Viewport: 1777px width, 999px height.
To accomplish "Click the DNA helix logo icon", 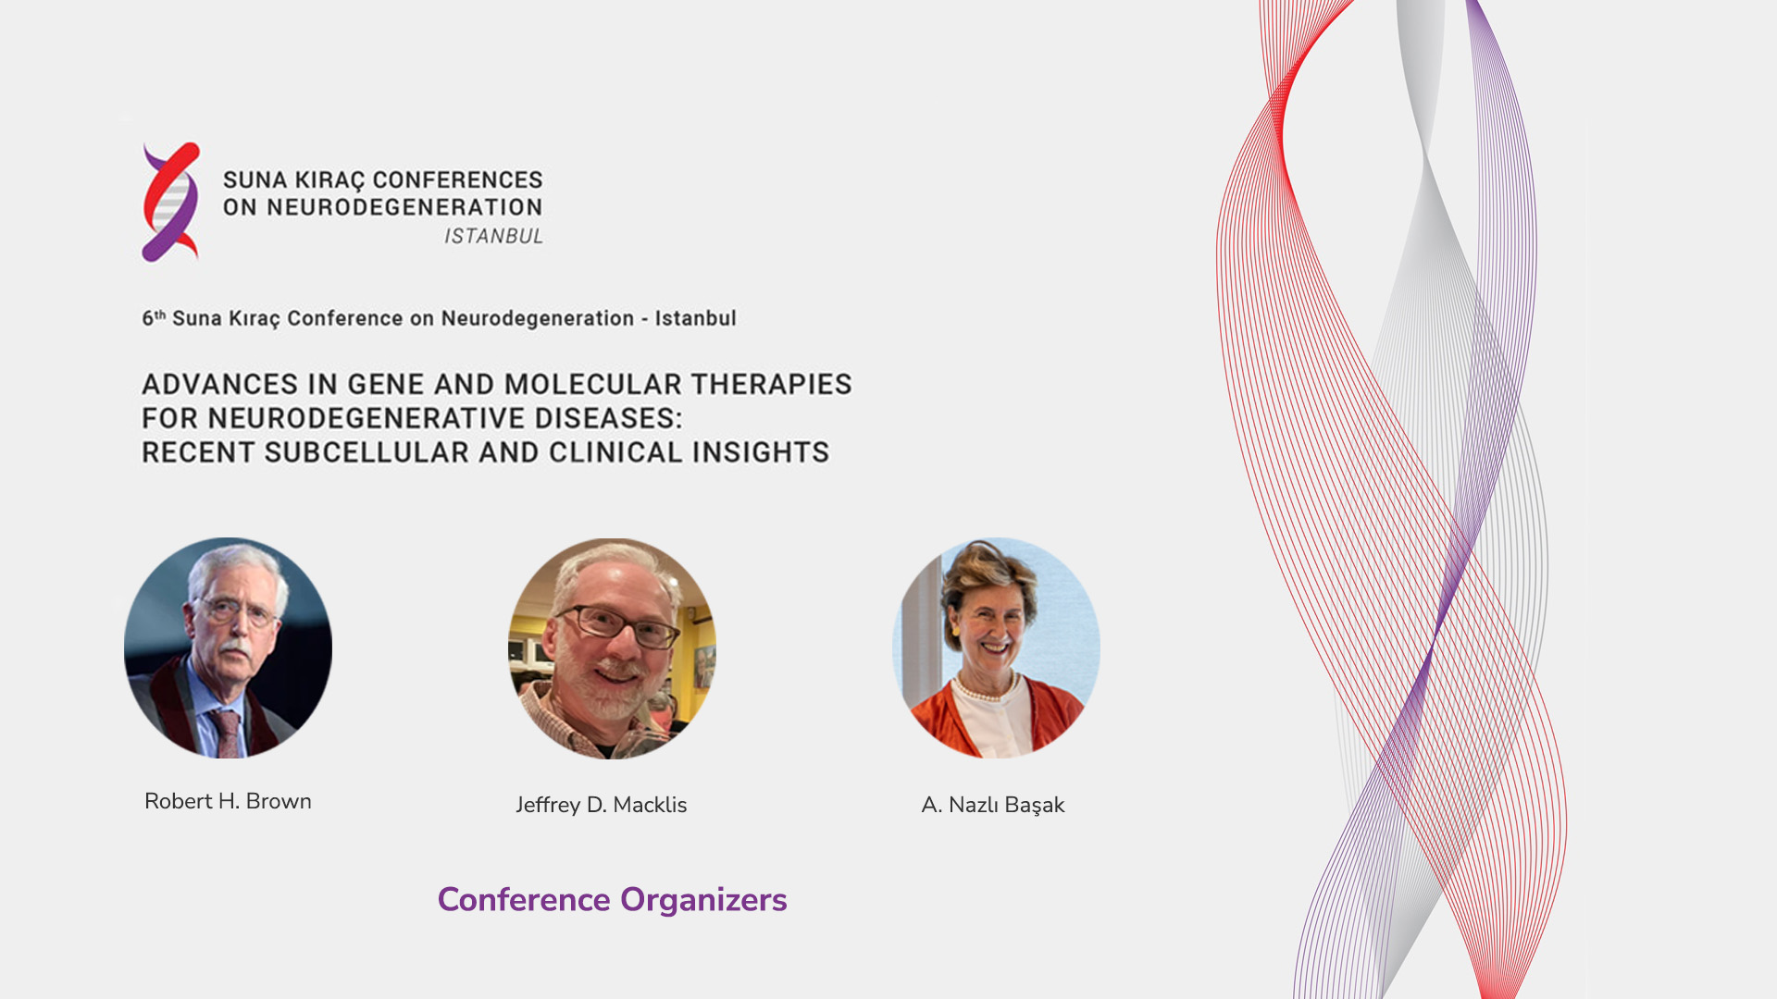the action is point(170,202).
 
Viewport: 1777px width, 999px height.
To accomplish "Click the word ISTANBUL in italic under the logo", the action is point(493,237).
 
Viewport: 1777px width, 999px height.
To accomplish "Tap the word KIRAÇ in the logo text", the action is point(330,180).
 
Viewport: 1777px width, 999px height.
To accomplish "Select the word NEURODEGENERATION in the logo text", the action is point(404,207).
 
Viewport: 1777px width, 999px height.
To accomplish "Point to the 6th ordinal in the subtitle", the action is point(154,318).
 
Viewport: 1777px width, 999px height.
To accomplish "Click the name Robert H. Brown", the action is point(228,801).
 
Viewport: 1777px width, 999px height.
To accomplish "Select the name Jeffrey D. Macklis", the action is point(602,805).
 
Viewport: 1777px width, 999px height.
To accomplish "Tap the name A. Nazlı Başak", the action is point(993,805).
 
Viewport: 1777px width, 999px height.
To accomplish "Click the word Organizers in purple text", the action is point(703,900).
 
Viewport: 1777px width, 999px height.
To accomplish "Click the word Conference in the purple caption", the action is point(524,899).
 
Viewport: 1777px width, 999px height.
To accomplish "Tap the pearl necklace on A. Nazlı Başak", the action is point(987,690).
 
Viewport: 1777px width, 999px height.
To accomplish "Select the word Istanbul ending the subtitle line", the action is point(696,318).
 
